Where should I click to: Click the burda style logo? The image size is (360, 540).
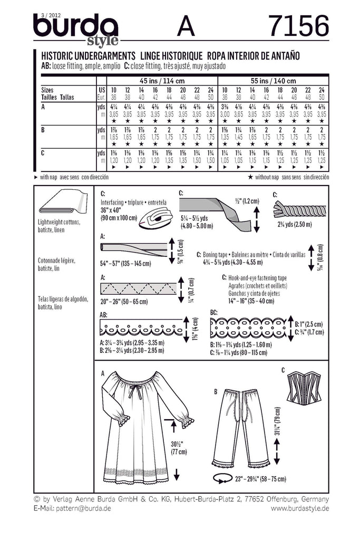pyautogui.click(x=76, y=29)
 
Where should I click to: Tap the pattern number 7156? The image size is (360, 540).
pyautogui.click(x=298, y=25)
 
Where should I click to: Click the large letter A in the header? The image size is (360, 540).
pyautogui.click(x=186, y=25)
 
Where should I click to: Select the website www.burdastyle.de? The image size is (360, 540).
pyautogui.click(x=300, y=508)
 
